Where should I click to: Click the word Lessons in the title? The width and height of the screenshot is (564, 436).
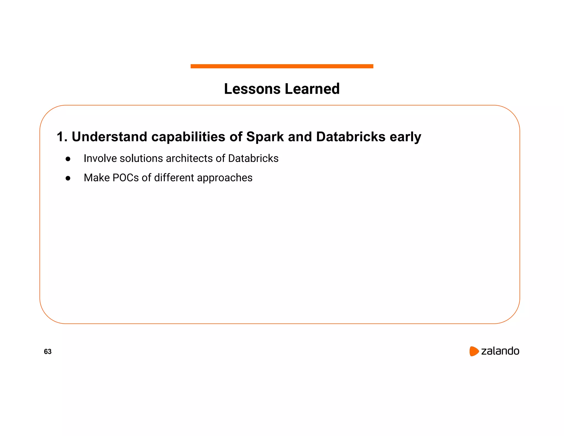point(252,89)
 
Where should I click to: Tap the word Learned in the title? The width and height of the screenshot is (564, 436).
point(312,89)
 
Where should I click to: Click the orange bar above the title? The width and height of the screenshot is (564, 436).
point(282,66)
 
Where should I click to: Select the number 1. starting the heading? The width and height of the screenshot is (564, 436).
point(62,137)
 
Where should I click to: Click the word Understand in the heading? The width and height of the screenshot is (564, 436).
point(109,137)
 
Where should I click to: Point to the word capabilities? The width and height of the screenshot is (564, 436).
point(188,137)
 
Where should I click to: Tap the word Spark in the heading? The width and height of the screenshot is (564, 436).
point(265,137)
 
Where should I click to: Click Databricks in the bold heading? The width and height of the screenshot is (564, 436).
point(351,137)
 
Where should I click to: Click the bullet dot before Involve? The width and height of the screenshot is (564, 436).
point(68,159)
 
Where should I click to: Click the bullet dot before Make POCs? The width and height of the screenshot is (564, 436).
point(68,178)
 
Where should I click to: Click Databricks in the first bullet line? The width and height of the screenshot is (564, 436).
point(253,158)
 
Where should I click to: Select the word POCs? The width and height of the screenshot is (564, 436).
point(126,178)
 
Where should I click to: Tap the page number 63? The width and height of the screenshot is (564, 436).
point(48,351)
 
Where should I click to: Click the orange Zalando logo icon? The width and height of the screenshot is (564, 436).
point(474,351)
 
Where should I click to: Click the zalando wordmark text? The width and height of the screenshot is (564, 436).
point(500,351)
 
